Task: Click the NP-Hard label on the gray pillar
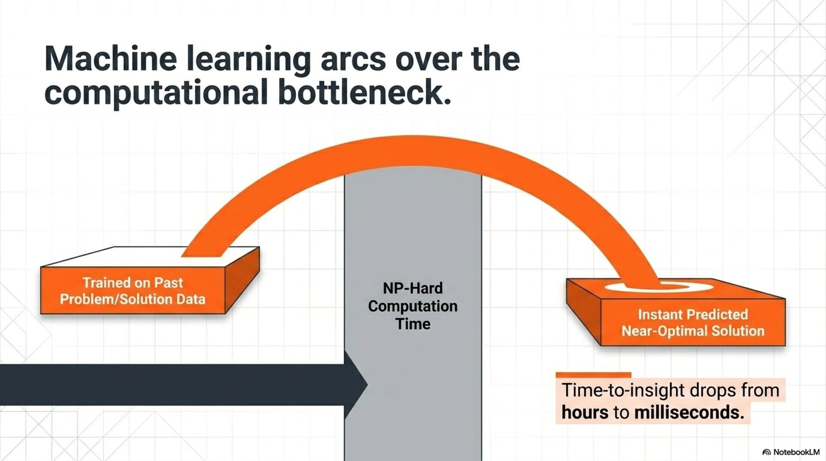tap(413, 288)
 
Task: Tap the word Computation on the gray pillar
tap(413, 306)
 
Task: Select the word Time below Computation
tap(413, 324)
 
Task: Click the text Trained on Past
tap(133, 283)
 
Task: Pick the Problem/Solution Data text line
tap(133, 299)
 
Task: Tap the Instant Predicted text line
tap(693, 314)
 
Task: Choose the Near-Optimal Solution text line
tap(693, 331)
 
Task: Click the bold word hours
tap(585, 412)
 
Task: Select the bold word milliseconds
tap(689, 412)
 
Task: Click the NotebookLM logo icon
tap(766, 452)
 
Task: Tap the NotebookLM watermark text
tap(796, 452)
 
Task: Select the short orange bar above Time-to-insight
tap(593, 375)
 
